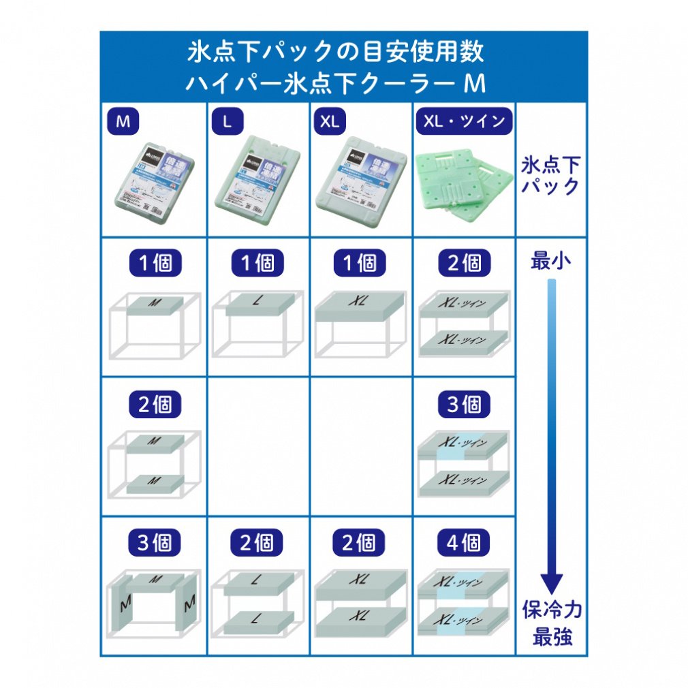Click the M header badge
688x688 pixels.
tap(123, 122)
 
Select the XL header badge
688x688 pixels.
tap(330, 122)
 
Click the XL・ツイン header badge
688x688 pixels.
tap(464, 121)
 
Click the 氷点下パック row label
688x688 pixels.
tap(551, 175)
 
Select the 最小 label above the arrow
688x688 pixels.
tap(550, 261)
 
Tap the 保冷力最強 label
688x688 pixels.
tap(552, 622)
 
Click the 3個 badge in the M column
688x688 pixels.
tap(155, 543)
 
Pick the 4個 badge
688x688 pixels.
tap(464, 543)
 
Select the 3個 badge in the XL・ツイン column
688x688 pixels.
tap(464, 405)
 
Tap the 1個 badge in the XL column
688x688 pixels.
tap(360, 263)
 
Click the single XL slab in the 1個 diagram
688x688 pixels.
tap(361, 304)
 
